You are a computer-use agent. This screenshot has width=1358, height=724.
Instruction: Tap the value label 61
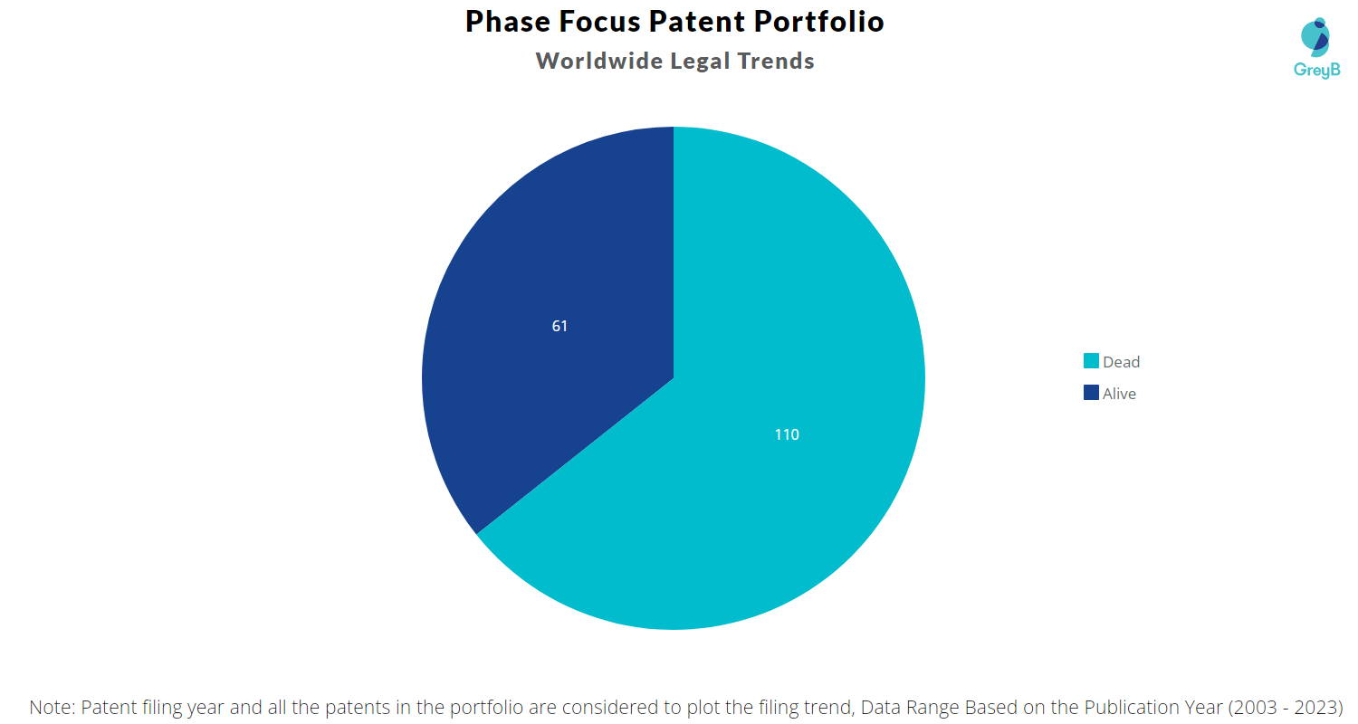point(559,326)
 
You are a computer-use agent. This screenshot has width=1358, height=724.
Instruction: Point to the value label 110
point(787,434)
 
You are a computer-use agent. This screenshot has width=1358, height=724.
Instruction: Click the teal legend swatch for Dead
point(1091,361)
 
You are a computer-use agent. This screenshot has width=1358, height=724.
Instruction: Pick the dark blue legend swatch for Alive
point(1091,393)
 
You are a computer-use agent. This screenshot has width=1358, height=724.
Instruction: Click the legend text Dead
point(1121,362)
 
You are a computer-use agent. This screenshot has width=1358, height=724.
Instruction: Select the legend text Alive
point(1119,393)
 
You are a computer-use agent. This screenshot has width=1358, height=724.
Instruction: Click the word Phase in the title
point(507,22)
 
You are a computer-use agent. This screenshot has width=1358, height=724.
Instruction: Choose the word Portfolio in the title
point(819,22)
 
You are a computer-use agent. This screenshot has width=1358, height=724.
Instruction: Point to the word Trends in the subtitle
point(775,61)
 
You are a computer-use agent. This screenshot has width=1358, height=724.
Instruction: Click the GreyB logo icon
point(1315,38)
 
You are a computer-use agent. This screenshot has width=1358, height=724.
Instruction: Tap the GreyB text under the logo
point(1316,71)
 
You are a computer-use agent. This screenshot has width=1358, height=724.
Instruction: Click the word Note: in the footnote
point(53,707)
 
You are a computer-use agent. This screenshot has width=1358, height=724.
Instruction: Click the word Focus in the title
point(599,22)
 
